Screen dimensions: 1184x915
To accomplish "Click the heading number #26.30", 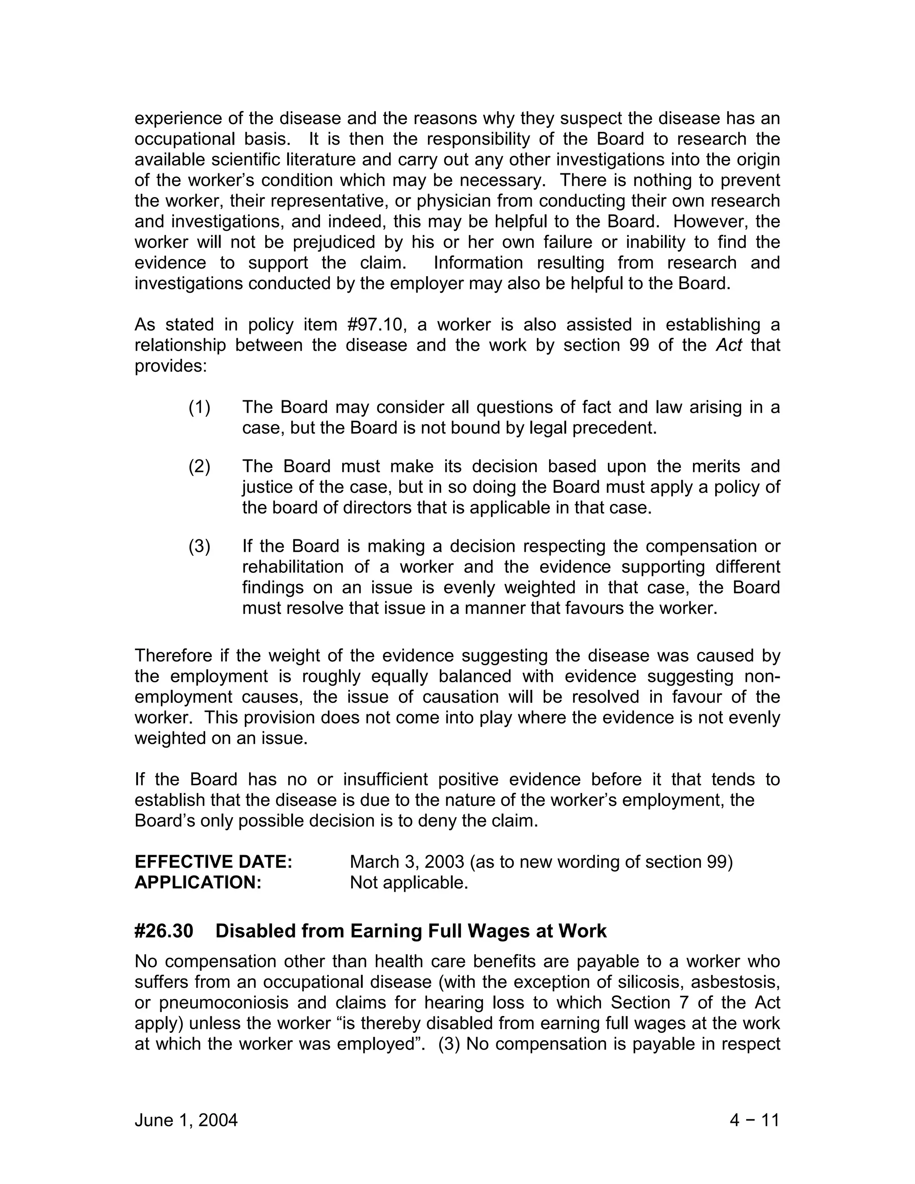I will pos(164,931).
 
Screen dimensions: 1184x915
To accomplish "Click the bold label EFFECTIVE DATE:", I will pos(214,862).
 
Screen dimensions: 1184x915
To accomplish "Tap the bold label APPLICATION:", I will pos(198,882).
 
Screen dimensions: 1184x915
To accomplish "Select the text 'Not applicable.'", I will pos(409,882).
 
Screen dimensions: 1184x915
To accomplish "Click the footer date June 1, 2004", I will pos(186,1120).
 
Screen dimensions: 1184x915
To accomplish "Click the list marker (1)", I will pos(199,407).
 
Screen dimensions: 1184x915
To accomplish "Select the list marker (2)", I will pos(199,466).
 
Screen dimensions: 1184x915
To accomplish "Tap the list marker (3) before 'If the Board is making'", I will pos(199,546).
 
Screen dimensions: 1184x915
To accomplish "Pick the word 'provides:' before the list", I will pos(171,366).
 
